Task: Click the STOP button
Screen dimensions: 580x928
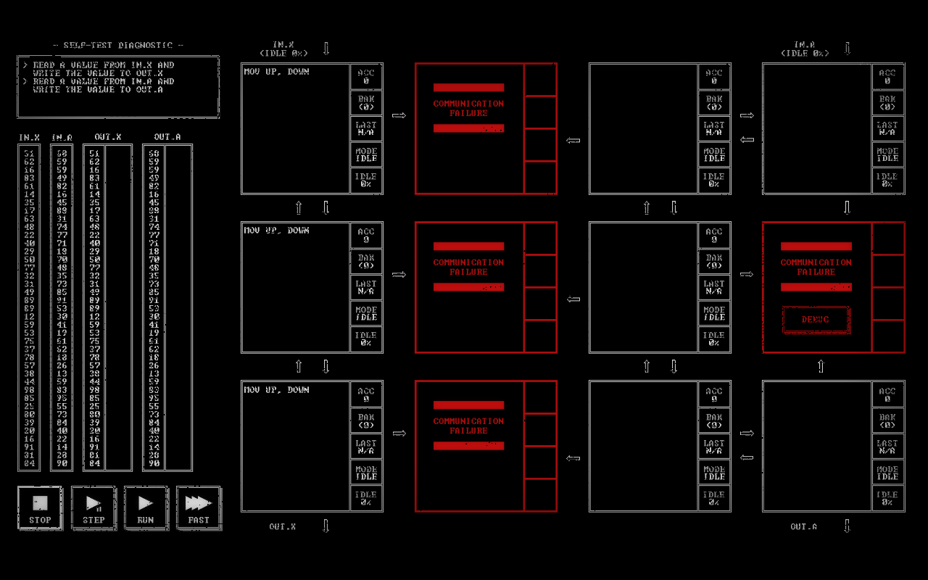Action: [x=40, y=508]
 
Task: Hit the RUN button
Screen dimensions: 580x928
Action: [x=146, y=508]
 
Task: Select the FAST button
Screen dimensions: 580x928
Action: [x=199, y=508]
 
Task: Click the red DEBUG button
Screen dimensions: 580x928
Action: [x=816, y=320]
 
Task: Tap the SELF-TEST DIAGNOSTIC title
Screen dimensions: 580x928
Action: [x=118, y=45]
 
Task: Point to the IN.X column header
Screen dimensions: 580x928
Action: [x=29, y=137]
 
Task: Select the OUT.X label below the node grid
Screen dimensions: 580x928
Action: [x=282, y=527]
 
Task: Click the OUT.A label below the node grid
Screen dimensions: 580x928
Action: [x=803, y=527]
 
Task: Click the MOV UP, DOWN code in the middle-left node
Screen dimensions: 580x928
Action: [x=276, y=231]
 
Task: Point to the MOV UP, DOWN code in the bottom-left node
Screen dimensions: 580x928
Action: [x=276, y=390]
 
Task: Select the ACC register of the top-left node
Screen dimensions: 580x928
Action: [x=366, y=77]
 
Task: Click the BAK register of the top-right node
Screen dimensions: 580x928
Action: [x=887, y=103]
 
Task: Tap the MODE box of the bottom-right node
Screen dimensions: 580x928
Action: [x=887, y=473]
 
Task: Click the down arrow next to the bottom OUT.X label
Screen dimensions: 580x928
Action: [x=326, y=526]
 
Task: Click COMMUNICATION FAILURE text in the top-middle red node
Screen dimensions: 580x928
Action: [x=468, y=108]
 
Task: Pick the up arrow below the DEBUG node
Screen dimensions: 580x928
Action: [x=821, y=367]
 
